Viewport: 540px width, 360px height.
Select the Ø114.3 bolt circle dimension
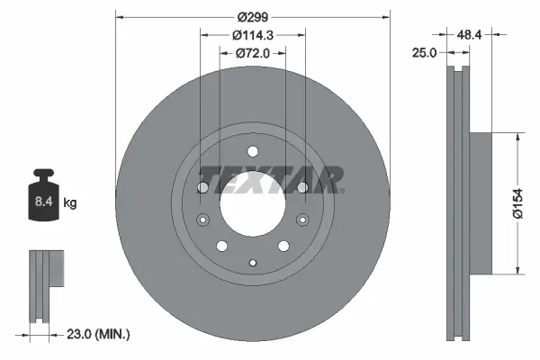[x=252, y=35]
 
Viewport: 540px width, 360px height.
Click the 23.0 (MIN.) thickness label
[x=100, y=335]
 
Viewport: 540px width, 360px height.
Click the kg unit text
[x=70, y=204]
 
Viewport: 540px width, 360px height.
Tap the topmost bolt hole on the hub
[x=253, y=152]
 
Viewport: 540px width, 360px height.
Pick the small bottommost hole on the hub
[x=253, y=262]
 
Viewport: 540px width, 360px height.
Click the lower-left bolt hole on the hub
[x=221, y=246]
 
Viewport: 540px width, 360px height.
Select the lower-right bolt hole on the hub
[x=284, y=246]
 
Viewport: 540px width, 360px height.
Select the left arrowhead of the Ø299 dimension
[x=121, y=15]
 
